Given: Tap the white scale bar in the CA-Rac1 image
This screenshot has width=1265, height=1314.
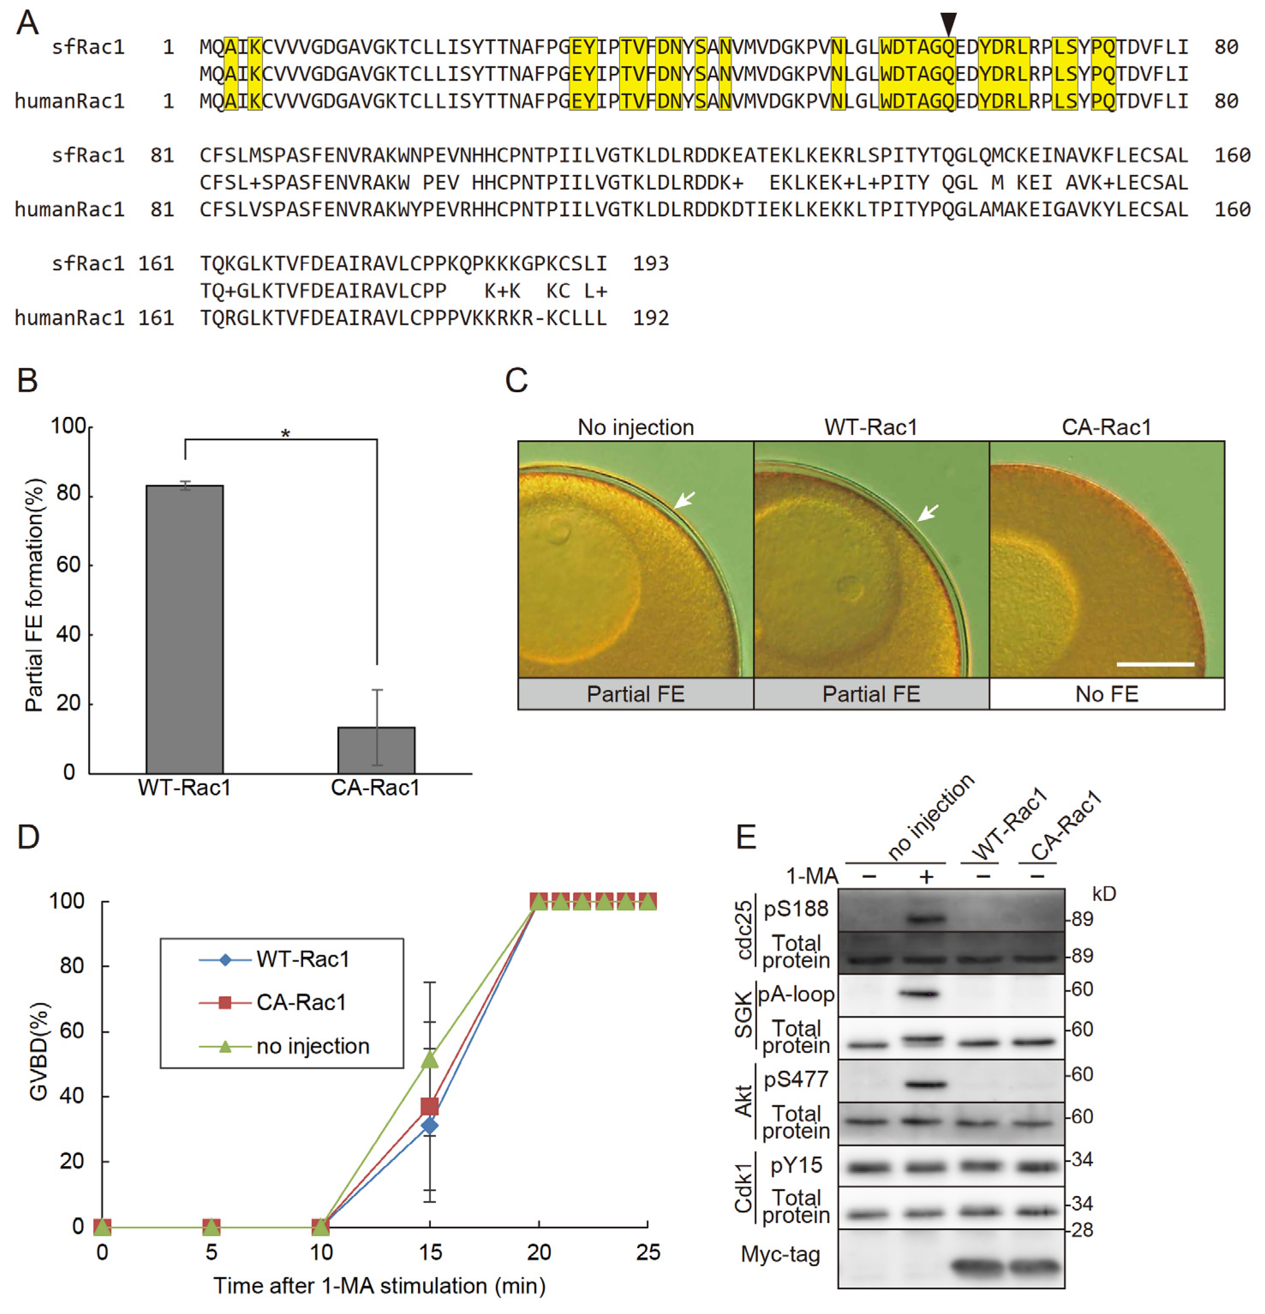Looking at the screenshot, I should [x=1155, y=664].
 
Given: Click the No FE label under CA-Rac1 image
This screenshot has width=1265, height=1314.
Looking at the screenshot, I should [x=1106, y=694].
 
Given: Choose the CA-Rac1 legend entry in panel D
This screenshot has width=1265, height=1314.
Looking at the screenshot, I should [x=300, y=1002].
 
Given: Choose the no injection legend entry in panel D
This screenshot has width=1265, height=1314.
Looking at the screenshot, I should [x=312, y=1046].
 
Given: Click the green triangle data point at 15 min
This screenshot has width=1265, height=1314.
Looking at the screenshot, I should [x=430, y=1059].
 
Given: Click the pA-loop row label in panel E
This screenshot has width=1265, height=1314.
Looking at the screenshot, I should [x=796, y=994].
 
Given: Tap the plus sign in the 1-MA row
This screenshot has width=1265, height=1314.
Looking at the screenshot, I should [x=926, y=877].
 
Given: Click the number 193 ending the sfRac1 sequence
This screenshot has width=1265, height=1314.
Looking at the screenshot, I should [x=650, y=264].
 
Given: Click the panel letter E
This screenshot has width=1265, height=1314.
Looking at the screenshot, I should [x=746, y=837].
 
